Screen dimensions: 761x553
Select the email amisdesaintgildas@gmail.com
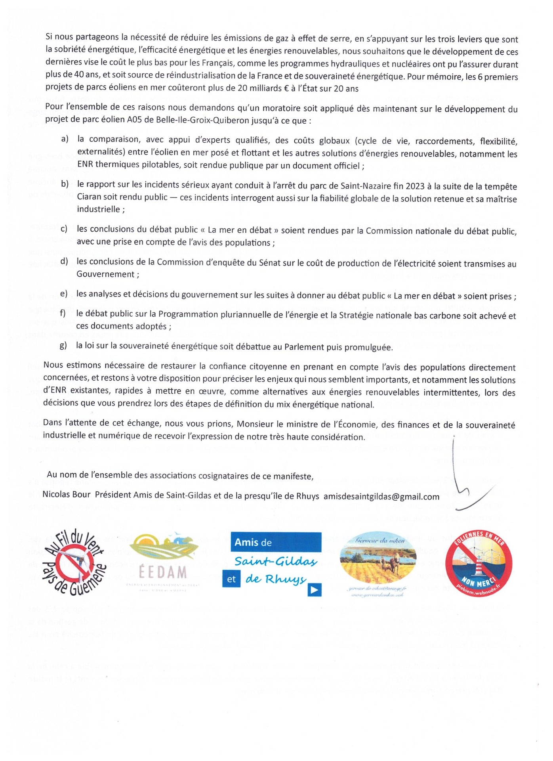[381, 497]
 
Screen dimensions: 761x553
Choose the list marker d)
[64, 262]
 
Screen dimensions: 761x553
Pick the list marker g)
[63, 346]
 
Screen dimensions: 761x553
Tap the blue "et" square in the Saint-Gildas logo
[231, 579]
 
